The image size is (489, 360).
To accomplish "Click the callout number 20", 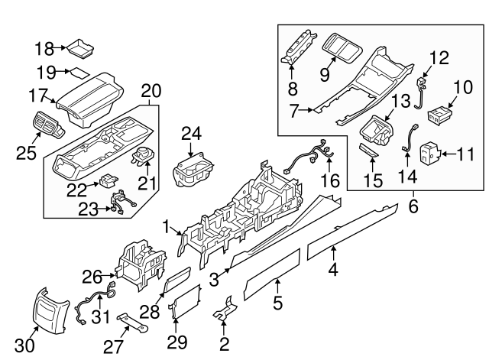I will [151, 91].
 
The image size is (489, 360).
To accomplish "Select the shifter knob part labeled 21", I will [143, 157].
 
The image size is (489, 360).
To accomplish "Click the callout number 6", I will [413, 206].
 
